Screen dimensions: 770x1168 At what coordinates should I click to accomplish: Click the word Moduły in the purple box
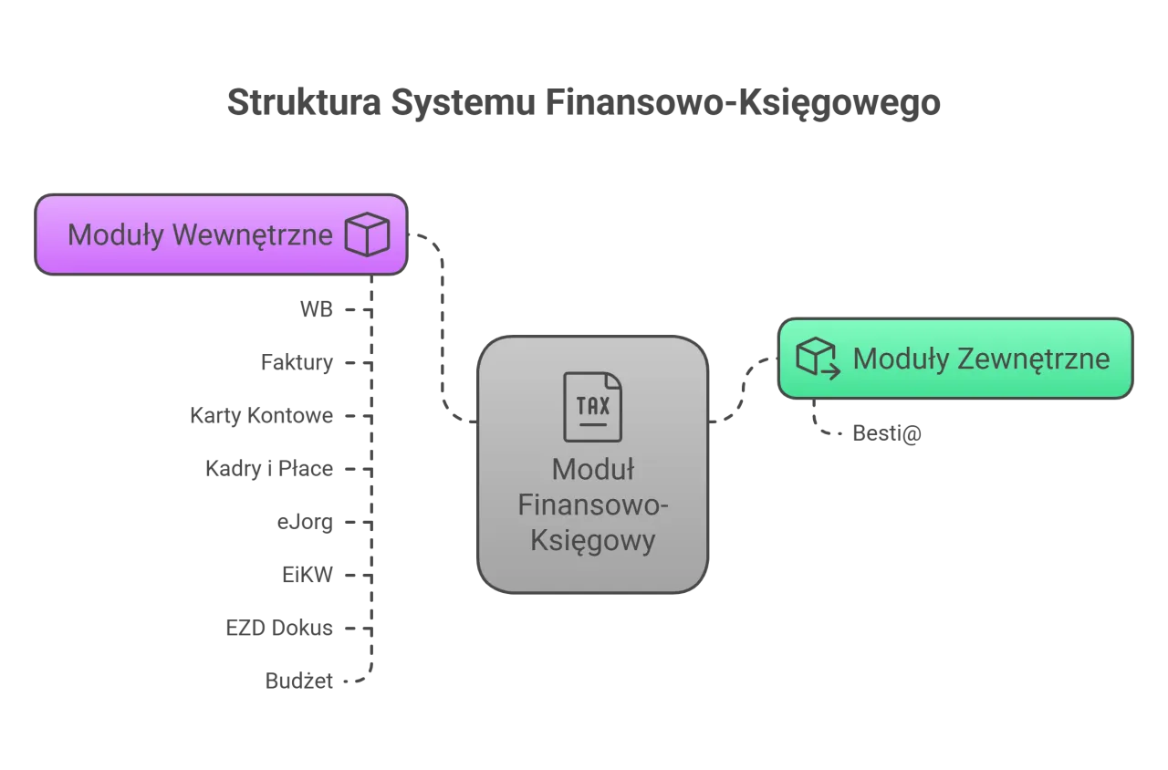[x=117, y=235]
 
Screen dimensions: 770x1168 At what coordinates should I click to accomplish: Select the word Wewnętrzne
[x=253, y=235]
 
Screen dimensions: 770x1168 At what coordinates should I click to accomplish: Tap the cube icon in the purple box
[x=367, y=235]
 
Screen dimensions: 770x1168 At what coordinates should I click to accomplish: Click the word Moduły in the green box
[x=901, y=359]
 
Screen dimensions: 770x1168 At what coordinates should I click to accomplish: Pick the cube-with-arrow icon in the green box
[x=818, y=357]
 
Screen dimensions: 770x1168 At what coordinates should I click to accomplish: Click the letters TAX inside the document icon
[x=593, y=404]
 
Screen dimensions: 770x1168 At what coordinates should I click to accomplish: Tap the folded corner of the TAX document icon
[x=614, y=380]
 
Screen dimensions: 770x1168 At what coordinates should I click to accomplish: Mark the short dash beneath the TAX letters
[x=593, y=425]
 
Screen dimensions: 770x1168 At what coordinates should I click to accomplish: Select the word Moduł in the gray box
[x=593, y=470]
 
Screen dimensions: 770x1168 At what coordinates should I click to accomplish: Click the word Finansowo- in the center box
[x=593, y=505]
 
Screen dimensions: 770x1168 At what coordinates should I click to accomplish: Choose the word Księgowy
[x=593, y=541]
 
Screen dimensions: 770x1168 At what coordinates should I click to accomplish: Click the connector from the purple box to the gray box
[x=443, y=328]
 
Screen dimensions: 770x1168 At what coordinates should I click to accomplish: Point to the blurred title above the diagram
[x=584, y=103]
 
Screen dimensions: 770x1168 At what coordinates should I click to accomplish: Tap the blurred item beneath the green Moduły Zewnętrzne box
[x=886, y=434]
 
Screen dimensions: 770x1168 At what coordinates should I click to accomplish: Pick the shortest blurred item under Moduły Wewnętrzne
[x=317, y=310]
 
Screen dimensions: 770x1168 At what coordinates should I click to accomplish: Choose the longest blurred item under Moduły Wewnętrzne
[x=263, y=415]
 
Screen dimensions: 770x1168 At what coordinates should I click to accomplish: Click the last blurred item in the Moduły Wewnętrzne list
[x=299, y=682]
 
